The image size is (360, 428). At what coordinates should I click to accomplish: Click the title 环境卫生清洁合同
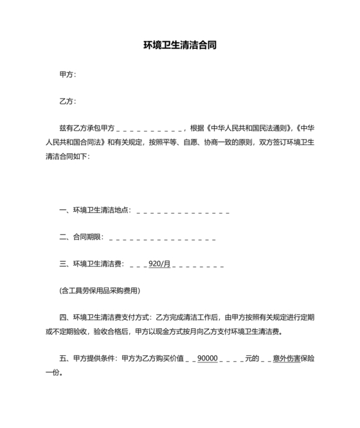tap(179, 46)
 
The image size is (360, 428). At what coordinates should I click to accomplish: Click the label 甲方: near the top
tap(67, 74)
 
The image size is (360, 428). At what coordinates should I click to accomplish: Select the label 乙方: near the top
tap(67, 101)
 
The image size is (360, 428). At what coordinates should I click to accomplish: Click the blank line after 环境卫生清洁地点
tap(183, 210)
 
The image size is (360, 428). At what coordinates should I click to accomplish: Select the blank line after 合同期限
tap(162, 237)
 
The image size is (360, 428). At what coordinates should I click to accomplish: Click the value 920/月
tap(159, 264)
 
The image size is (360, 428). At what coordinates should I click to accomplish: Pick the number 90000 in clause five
tap(208, 358)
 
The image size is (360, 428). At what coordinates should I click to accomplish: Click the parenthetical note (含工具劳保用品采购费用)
tap(100, 290)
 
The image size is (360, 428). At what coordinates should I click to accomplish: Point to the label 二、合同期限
tap(81, 237)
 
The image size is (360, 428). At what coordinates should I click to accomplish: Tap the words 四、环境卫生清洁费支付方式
tap(105, 317)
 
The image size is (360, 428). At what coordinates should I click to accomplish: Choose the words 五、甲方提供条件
tap(88, 358)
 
